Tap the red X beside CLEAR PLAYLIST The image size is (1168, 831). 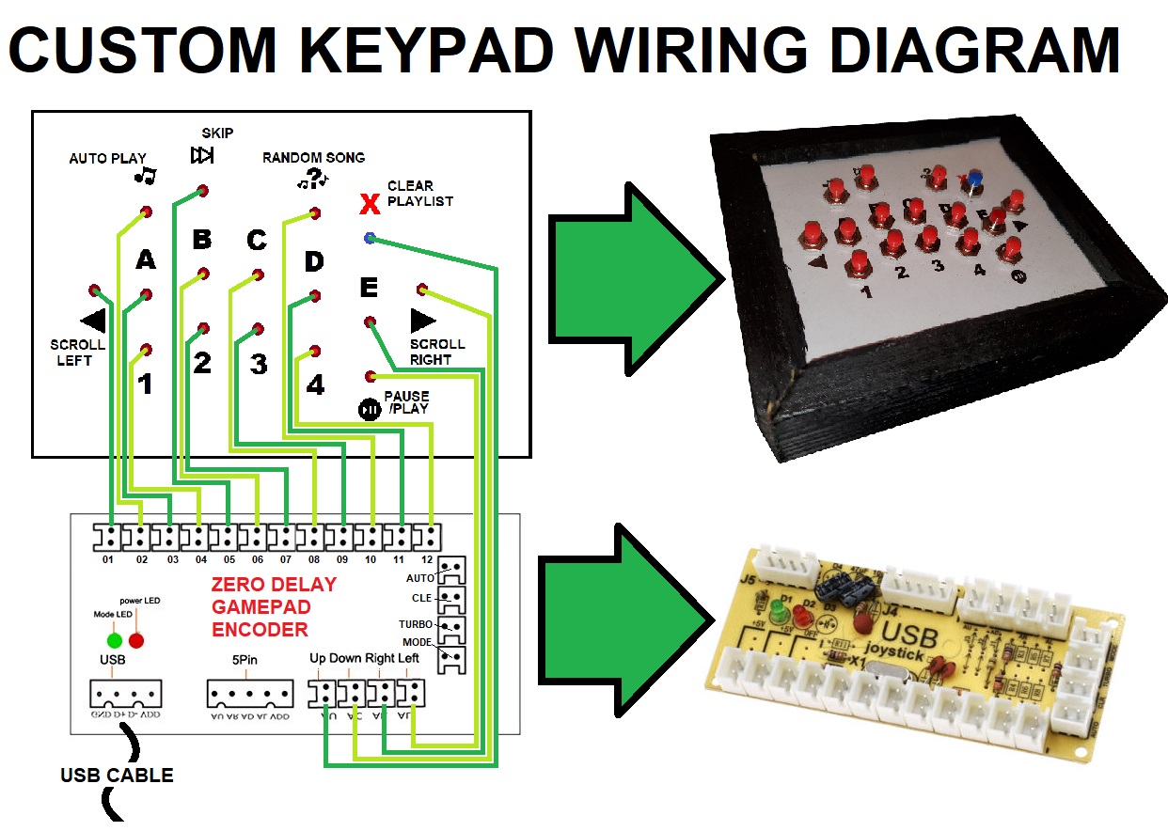(x=371, y=201)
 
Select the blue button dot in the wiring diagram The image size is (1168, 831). (x=370, y=239)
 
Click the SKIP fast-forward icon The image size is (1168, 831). (x=202, y=155)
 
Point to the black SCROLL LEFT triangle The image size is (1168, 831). (x=91, y=320)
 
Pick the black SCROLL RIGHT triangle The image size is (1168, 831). (x=423, y=321)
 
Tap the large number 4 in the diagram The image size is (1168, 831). (x=315, y=385)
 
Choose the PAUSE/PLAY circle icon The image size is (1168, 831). (x=370, y=410)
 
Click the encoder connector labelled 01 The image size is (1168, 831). (x=109, y=539)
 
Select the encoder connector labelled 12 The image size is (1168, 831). (x=428, y=539)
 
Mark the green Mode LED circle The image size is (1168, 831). (x=114, y=641)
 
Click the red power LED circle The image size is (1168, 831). (x=136, y=641)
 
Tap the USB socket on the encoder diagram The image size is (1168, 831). (x=125, y=695)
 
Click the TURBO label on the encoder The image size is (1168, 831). (x=415, y=624)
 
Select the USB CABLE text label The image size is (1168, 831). (x=117, y=776)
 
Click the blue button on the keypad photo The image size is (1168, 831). (x=976, y=177)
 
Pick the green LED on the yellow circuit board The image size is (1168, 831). (x=778, y=614)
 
